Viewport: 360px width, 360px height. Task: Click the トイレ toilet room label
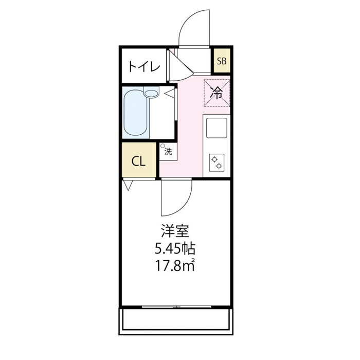pyautogui.click(x=144, y=66)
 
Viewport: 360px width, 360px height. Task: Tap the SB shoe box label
pyautogui.click(x=222, y=61)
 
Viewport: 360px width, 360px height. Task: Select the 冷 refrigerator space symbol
pyautogui.click(x=217, y=93)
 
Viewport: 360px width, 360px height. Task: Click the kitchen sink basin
pyautogui.click(x=217, y=128)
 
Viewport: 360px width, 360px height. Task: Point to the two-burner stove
pyautogui.click(x=217, y=163)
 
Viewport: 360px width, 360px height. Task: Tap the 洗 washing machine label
pyautogui.click(x=168, y=152)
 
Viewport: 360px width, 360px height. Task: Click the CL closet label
pyautogui.click(x=138, y=161)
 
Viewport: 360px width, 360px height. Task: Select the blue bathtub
pyautogui.click(x=135, y=113)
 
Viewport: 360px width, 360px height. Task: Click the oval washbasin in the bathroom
pyautogui.click(x=152, y=93)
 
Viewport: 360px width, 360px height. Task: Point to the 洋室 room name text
pyautogui.click(x=175, y=231)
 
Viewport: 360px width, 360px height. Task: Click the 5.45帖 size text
pyautogui.click(x=175, y=249)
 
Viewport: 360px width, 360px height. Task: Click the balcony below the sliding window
pyautogui.click(x=176, y=321)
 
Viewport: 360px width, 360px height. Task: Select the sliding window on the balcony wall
pyautogui.click(x=176, y=307)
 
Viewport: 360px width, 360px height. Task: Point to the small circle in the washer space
pyautogui.click(x=163, y=146)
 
